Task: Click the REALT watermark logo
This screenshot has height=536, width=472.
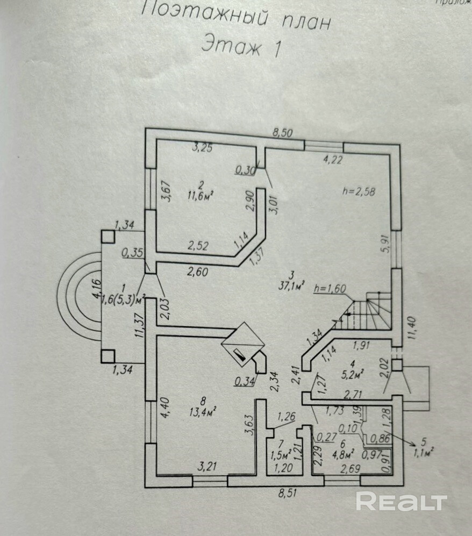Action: (x=402, y=502)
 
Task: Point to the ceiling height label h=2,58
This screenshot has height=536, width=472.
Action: (x=359, y=190)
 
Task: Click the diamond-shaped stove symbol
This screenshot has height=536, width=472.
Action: (x=244, y=345)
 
